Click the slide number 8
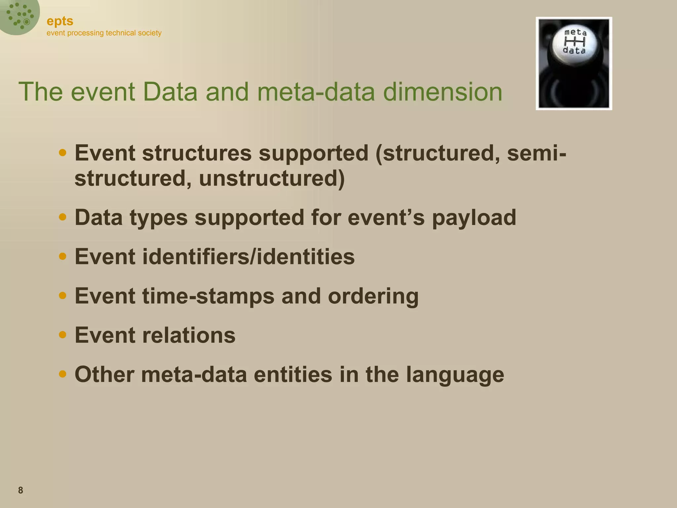pyautogui.click(x=20, y=490)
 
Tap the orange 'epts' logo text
pyautogui.click(x=60, y=21)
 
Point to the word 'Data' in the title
pyautogui.click(x=170, y=92)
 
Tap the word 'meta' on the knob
pyautogui.click(x=575, y=32)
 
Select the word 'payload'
pyautogui.click(x=474, y=218)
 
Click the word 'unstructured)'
pyautogui.click(x=272, y=179)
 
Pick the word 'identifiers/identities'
pyautogui.click(x=248, y=257)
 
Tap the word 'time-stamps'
pyautogui.click(x=208, y=296)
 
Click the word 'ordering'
pyautogui.click(x=373, y=296)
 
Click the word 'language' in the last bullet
pyautogui.click(x=455, y=375)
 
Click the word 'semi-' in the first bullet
pyautogui.click(x=536, y=153)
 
